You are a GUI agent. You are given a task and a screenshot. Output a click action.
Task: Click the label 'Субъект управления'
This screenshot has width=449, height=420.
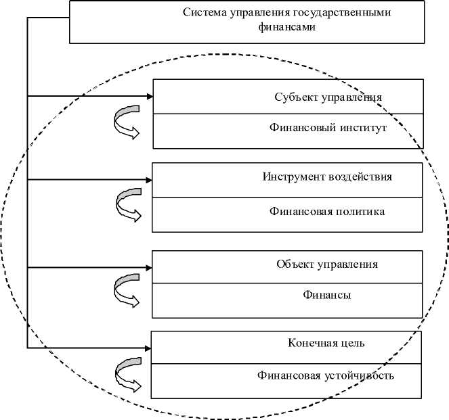click(328, 97)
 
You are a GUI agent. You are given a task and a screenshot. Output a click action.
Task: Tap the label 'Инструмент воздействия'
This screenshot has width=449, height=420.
click(327, 177)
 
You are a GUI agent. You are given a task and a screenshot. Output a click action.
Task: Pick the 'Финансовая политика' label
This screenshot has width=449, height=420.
click(326, 212)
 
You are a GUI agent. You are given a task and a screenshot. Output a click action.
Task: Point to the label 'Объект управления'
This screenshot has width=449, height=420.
click(327, 264)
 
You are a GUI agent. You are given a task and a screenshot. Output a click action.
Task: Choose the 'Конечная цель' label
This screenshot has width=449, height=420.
click(326, 342)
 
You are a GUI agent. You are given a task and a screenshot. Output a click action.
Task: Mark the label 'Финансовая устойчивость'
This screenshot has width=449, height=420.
click(326, 375)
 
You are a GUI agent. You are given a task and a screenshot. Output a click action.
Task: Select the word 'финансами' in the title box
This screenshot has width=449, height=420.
click(286, 28)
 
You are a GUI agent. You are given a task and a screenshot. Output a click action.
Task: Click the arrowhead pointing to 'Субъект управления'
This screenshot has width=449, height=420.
click(149, 97)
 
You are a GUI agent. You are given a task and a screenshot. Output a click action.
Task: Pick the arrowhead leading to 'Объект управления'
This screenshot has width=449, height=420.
click(148, 267)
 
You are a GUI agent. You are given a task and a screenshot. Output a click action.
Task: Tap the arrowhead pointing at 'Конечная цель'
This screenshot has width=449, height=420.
click(147, 348)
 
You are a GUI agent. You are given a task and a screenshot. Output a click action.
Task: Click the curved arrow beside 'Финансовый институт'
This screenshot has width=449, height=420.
click(126, 121)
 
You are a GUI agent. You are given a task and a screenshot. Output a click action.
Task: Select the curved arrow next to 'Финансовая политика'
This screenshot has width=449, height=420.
click(127, 205)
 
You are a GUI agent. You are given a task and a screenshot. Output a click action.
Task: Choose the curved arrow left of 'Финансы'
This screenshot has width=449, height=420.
click(126, 289)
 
